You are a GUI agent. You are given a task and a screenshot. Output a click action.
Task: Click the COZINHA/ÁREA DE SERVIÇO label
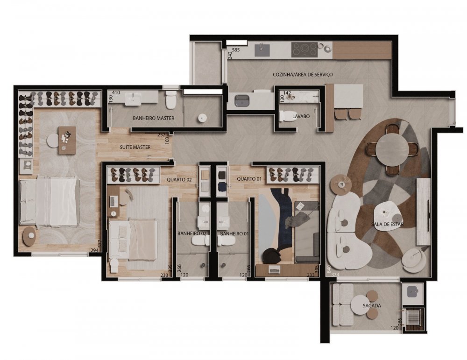(303, 74)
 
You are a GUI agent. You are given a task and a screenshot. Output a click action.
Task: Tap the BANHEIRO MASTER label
(153, 118)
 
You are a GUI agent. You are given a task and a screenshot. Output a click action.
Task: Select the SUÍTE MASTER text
(135, 147)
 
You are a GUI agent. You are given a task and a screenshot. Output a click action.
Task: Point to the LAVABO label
(301, 116)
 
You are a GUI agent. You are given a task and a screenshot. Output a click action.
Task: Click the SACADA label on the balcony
(372, 305)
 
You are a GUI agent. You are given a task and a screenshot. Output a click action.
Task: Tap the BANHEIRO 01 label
(234, 234)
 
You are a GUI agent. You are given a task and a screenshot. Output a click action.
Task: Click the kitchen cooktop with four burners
(304, 49)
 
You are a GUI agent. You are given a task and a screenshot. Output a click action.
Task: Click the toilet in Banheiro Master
(171, 100)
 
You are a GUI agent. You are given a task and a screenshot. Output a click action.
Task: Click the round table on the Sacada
(360, 305)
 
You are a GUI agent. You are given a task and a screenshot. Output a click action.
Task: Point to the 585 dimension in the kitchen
(236, 49)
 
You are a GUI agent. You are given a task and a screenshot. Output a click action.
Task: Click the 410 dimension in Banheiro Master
(116, 92)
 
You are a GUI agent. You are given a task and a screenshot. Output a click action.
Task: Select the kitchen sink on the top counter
(262, 49)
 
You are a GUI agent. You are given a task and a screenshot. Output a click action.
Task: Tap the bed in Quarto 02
(133, 240)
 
